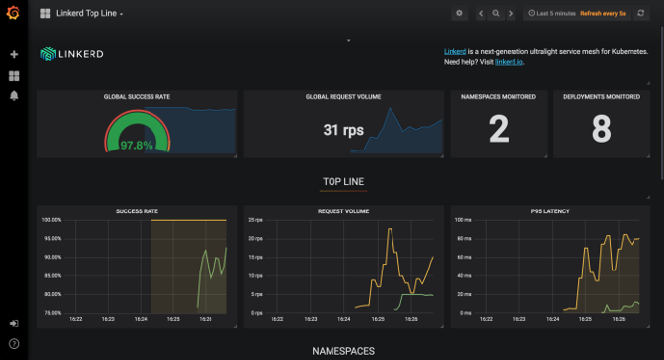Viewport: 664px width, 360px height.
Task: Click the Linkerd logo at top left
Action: (72, 54)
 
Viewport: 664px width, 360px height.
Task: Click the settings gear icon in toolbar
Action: (459, 14)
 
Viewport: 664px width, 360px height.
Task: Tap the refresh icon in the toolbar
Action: (642, 14)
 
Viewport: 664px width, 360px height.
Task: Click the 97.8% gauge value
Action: (137, 145)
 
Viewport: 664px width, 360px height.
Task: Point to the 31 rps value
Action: (344, 130)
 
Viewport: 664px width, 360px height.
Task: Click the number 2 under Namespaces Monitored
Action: (499, 129)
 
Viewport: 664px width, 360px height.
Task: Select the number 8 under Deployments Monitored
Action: (601, 129)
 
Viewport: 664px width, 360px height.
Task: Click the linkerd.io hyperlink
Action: (509, 61)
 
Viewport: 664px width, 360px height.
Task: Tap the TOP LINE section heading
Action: (343, 182)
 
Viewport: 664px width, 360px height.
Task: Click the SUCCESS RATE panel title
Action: (137, 210)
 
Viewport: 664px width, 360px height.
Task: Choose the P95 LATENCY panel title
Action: (550, 210)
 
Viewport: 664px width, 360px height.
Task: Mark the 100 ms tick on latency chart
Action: (463, 220)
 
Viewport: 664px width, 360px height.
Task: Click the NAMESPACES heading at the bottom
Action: (343, 351)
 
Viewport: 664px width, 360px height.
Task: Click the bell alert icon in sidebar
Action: (14, 95)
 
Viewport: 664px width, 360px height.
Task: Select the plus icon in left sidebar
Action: (14, 55)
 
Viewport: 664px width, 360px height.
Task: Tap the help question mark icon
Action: (14, 343)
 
